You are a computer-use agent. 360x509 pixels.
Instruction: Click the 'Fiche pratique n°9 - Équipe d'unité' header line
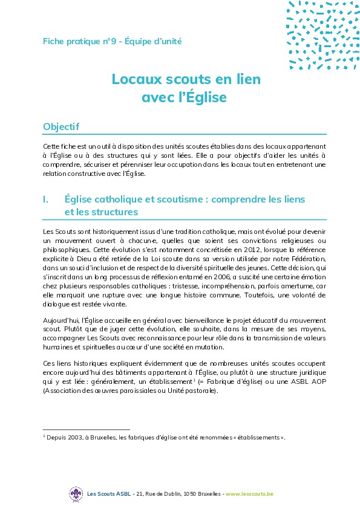[112, 42]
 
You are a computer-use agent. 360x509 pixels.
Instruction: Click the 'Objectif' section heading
[61, 126]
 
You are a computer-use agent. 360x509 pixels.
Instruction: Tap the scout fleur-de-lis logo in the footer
[76, 494]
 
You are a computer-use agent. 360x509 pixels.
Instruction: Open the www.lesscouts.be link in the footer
[249, 494]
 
